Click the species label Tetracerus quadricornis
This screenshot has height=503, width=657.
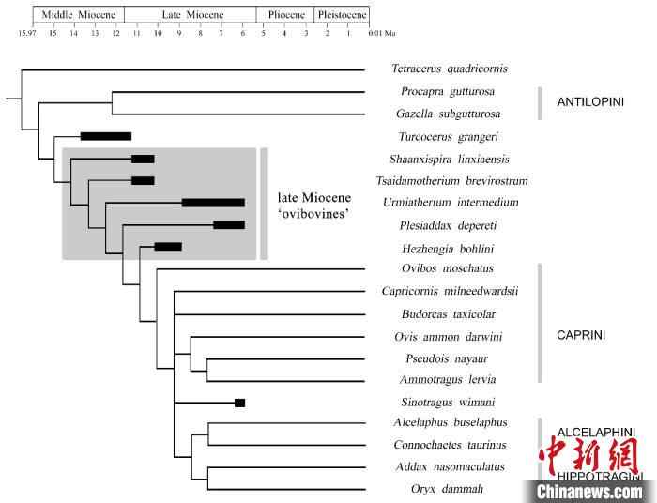coord(449,69)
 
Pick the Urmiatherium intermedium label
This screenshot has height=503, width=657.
coord(451,203)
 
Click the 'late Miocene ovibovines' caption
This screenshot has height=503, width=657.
coord(313,206)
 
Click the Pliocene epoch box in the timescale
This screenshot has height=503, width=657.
coord(285,15)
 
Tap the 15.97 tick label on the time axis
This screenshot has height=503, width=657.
coord(27,33)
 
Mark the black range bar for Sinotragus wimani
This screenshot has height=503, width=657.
coord(239,403)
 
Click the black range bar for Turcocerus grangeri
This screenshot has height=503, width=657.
coord(105,136)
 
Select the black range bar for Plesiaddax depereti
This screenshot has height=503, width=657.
coord(229,225)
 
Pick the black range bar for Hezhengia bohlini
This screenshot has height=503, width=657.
coord(168,247)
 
